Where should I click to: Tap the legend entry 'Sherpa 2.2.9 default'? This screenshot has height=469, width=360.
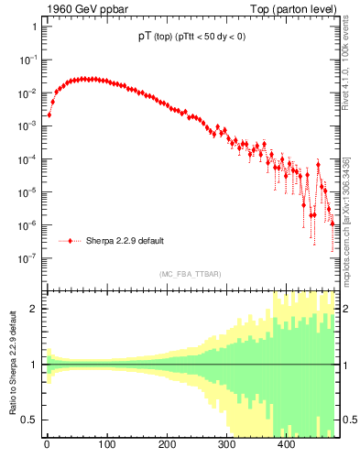[125, 241]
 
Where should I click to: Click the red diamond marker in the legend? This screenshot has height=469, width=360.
[70, 241]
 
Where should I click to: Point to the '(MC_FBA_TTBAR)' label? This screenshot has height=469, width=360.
[190, 275]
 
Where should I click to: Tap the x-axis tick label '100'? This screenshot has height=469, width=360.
[106, 445]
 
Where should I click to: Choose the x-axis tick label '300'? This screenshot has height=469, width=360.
[226, 445]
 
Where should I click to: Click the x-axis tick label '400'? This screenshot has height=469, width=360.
[286, 445]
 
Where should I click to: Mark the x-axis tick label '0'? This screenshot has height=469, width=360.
[47, 445]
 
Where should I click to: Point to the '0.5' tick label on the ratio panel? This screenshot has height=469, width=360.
[29, 420]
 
